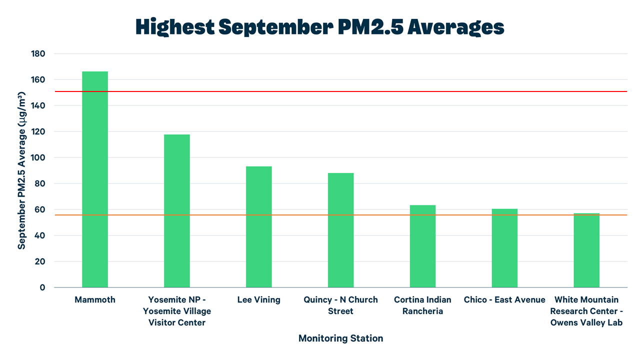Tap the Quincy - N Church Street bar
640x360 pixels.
tap(340, 230)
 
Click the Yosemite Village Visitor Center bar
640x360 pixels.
tap(176, 210)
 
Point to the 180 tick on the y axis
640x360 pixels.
tap(38, 53)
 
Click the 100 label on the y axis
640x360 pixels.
tap(38, 157)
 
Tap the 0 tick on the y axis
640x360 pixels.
tap(42, 287)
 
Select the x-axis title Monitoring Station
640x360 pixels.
tap(340, 338)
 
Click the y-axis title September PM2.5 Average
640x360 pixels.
tap(21, 170)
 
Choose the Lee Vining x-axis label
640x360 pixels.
tap(258, 300)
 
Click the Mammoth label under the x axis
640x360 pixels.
tap(95, 300)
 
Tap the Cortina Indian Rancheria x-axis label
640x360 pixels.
tap(422, 305)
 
